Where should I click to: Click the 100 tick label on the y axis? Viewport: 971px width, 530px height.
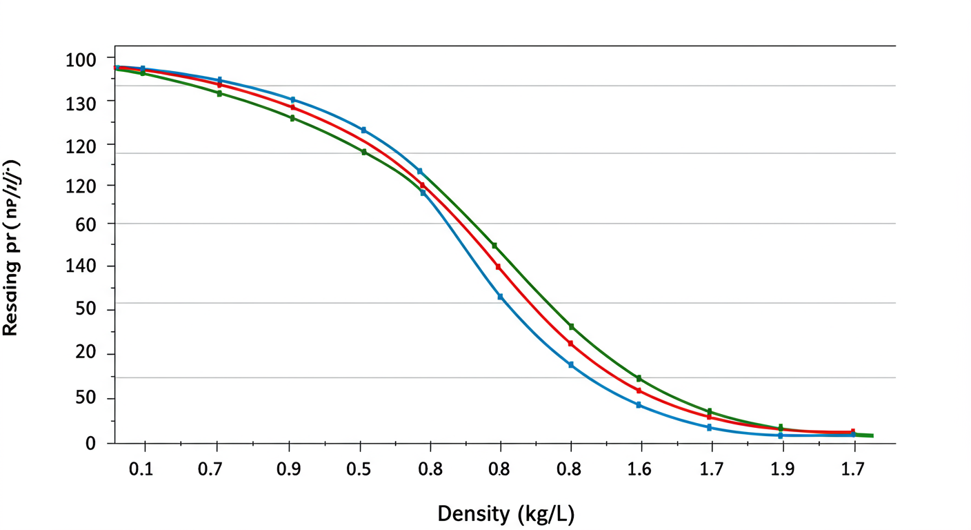click(81, 60)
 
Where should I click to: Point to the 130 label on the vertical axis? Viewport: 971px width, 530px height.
click(81, 101)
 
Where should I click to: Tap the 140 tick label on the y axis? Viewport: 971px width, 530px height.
click(81, 266)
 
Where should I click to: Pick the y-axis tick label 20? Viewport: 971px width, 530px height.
click(86, 354)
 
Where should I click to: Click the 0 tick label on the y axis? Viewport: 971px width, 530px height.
click(90, 444)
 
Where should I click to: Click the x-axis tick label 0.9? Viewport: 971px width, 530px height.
click(289, 470)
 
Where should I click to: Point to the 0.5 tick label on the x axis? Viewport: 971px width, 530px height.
click(359, 470)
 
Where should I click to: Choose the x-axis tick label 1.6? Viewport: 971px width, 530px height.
click(641, 470)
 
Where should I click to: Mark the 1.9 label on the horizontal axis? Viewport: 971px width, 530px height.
click(782, 470)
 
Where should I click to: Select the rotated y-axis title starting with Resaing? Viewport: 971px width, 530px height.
click(11, 248)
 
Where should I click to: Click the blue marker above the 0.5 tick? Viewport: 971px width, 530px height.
click(363, 130)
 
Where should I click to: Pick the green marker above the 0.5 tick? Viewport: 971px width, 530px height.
click(364, 152)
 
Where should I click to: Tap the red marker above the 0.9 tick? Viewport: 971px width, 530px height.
click(292, 108)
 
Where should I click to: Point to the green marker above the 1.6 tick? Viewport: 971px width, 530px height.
click(639, 378)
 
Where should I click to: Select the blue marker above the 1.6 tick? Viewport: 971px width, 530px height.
click(639, 405)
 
